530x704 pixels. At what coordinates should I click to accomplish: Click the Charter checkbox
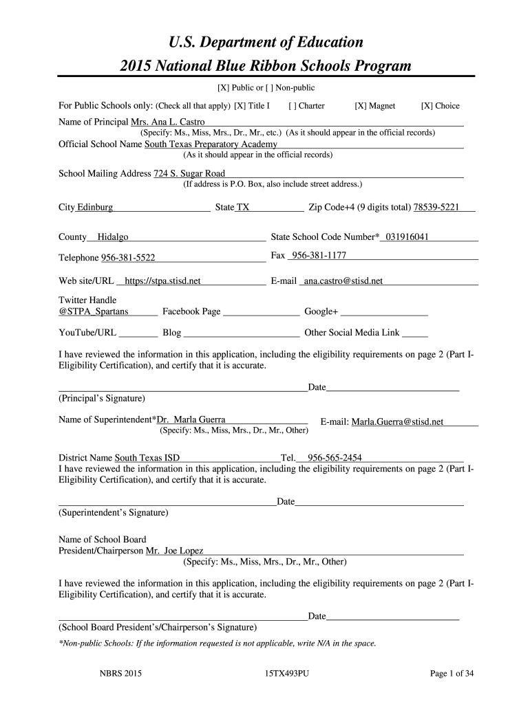(293, 106)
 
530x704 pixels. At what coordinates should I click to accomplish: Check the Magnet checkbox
(359, 106)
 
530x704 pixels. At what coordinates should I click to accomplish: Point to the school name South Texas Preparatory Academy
(211, 144)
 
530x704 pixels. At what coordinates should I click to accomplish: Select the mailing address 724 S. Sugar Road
(189, 174)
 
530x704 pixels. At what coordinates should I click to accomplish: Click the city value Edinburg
(95, 208)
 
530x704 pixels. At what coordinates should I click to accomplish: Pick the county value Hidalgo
(113, 237)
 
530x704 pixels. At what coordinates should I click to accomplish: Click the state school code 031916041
(407, 237)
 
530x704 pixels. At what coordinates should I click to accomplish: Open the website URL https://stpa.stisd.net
(163, 281)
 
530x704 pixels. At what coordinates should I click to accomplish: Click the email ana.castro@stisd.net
(343, 281)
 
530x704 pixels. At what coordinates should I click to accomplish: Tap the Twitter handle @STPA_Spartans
(94, 311)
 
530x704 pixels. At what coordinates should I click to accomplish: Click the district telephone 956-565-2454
(335, 457)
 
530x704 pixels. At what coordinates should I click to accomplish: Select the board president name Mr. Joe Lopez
(174, 551)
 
